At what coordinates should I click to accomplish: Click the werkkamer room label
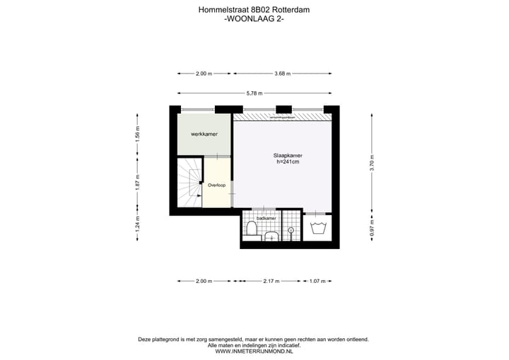click(x=204, y=134)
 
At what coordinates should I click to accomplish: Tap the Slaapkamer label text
click(x=288, y=155)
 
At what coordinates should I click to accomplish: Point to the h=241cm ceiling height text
click(x=288, y=162)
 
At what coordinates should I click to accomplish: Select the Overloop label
click(x=216, y=185)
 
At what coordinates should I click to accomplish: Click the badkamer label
click(x=266, y=219)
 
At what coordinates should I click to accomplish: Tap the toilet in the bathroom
click(x=251, y=228)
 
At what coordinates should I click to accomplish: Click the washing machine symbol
click(x=317, y=228)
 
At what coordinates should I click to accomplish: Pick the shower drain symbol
click(x=291, y=229)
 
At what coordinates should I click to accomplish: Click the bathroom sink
click(x=271, y=237)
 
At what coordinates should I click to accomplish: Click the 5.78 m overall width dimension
click(x=255, y=93)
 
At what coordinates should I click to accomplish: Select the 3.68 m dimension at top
click(x=283, y=74)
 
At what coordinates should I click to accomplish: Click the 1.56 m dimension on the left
click(x=139, y=134)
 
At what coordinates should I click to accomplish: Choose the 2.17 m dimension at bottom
click(x=271, y=281)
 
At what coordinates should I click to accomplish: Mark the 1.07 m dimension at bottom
click(x=317, y=281)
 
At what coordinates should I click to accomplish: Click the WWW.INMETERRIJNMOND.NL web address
click(x=254, y=352)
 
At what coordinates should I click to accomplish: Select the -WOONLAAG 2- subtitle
click(x=254, y=19)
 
